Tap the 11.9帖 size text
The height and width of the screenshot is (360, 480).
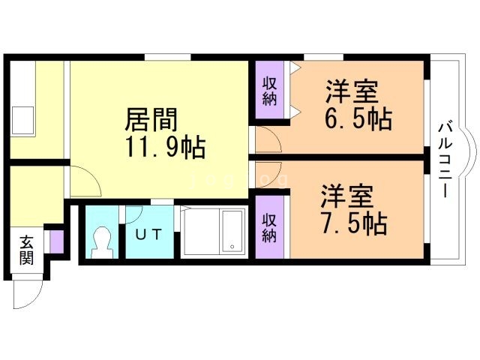(x=166, y=146)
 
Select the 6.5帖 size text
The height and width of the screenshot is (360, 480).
(x=359, y=119)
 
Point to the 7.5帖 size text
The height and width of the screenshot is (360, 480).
(x=353, y=223)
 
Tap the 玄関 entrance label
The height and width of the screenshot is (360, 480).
(x=27, y=251)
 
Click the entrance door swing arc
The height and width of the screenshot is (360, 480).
(x=25, y=296)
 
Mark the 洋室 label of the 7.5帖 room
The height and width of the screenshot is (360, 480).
(x=346, y=196)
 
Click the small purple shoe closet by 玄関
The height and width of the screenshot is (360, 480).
(x=55, y=242)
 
